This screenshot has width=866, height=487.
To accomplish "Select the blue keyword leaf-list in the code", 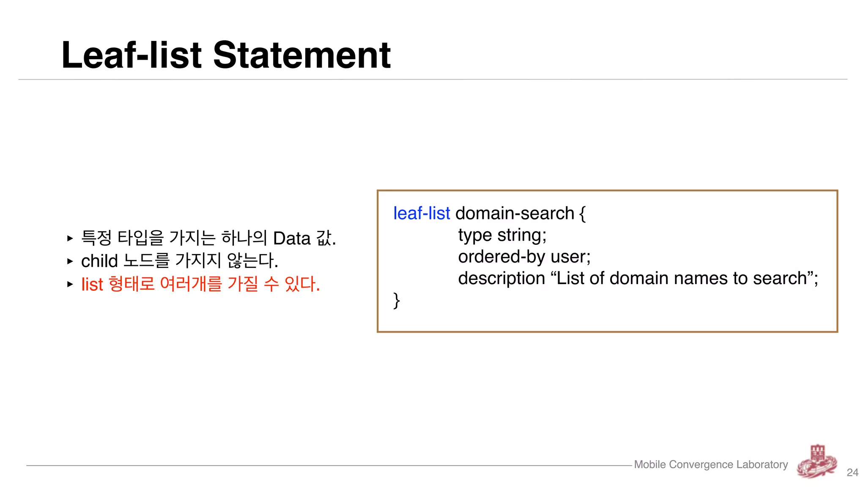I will pos(421,213).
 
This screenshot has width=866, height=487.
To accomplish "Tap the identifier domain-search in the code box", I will pos(515,213).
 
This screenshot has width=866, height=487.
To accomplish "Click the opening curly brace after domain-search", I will pos(582,214).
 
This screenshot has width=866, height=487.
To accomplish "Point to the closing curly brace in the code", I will pos(396,301).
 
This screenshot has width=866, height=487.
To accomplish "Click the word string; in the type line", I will pos(522,235).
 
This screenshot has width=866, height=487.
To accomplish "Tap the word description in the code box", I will pos(502,278).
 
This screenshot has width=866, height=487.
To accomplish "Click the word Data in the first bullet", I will pos(292,238).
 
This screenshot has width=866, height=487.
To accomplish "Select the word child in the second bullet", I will pos(99,261).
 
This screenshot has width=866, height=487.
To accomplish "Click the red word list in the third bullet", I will pos(92,284).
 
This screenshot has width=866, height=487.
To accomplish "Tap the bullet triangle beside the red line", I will pos(70,284).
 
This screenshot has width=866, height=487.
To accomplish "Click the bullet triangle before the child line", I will pos(70,261).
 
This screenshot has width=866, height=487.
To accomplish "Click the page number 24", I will pos(852,472).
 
